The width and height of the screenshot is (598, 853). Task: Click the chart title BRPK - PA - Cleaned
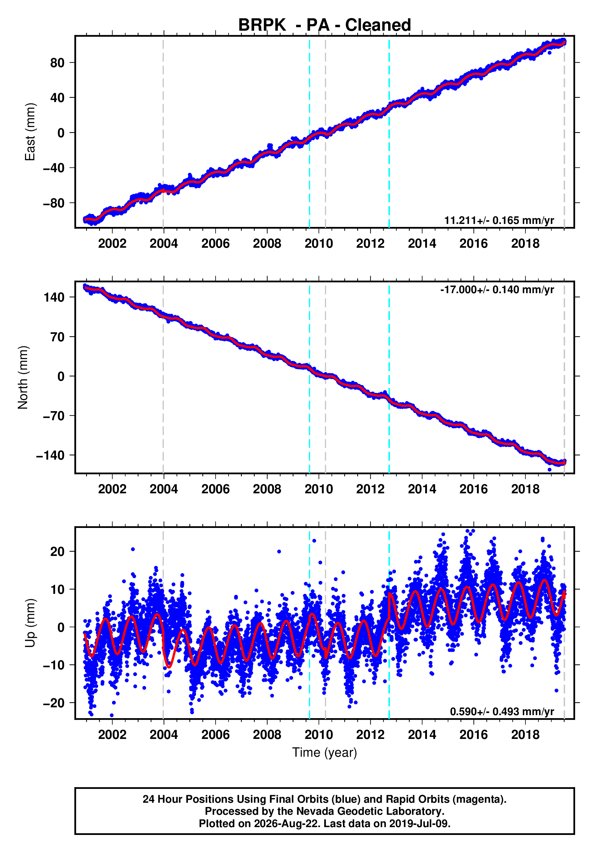pyautogui.click(x=325, y=25)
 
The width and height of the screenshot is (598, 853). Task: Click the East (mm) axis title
pyautogui.click(x=30, y=132)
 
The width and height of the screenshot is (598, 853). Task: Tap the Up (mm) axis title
pyautogui.click(x=30, y=623)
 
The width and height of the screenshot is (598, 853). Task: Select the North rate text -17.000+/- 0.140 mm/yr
pyautogui.click(x=497, y=290)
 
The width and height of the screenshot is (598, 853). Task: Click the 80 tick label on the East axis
pyautogui.click(x=58, y=63)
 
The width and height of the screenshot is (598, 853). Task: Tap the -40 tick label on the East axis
pyautogui.click(x=54, y=168)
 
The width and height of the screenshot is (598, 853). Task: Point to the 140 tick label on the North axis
pyautogui.click(x=54, y=297)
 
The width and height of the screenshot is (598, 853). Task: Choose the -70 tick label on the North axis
pyautogui.click(x=54, y=416)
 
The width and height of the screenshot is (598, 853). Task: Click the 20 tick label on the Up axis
pyautogui.click(x=58, y=552)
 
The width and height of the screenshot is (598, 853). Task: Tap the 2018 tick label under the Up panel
pyautogui.click(x=525, y=734)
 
